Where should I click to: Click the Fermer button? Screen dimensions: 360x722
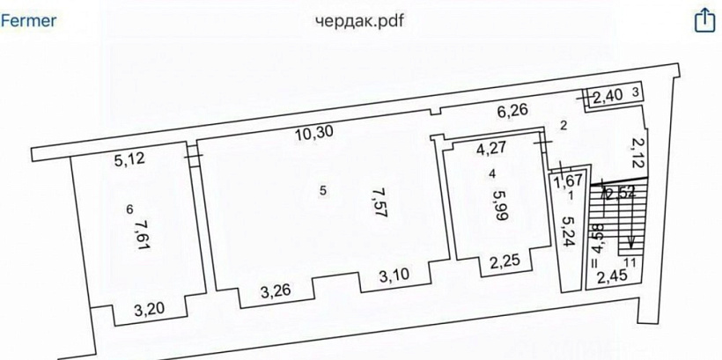tap(29, 19)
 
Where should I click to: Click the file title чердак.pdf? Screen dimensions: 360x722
tap(361, 20)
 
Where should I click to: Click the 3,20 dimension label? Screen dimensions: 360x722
tap(150, 309)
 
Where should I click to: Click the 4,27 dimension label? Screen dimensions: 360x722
tap(493, 149)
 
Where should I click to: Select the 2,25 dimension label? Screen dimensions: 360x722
tap(506, 261)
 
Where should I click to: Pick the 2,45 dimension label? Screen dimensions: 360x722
tap(614, 279)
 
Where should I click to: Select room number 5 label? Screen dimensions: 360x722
tap(322, 190)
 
